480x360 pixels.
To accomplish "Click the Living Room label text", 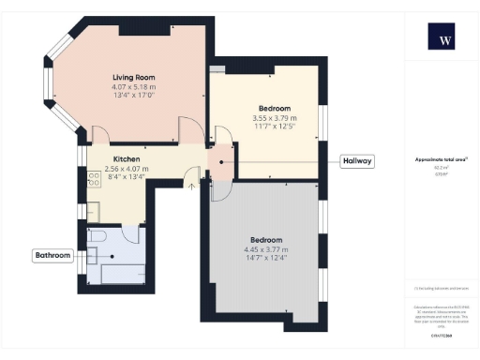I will pos(134,77).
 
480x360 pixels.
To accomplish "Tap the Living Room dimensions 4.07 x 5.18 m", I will pos(134,87).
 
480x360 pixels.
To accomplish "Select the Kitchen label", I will pos(127,159).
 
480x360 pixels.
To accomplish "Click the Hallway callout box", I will pos(357,161).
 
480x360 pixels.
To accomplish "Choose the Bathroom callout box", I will pos(52,255).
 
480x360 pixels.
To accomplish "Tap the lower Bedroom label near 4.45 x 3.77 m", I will pos(265,239).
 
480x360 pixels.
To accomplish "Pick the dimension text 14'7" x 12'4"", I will pos(265,260).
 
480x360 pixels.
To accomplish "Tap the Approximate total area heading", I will pos(442,160).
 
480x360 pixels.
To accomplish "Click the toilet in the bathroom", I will pos(96,238).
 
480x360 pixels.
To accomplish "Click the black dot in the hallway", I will pos(220,161).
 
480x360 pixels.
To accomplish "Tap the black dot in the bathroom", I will pos(112,254).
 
